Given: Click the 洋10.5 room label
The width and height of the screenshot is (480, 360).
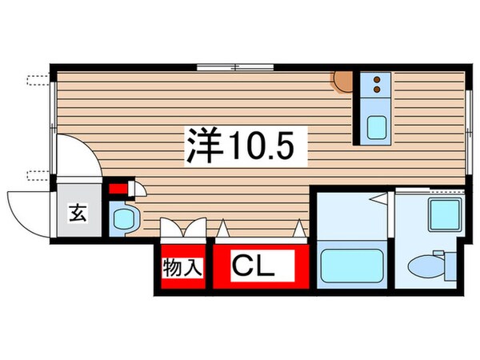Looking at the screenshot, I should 235,145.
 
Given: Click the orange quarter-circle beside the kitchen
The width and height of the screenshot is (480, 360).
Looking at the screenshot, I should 344,81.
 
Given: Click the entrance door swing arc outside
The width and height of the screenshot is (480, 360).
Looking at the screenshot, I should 24,210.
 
